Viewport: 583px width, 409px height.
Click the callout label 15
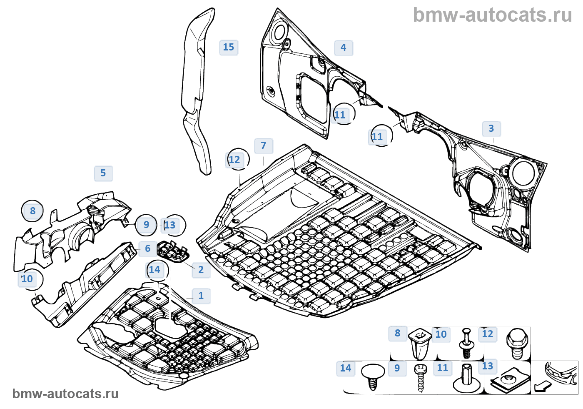[229, 47]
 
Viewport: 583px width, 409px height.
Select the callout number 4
[344, 48]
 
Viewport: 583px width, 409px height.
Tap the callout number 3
[491, 128]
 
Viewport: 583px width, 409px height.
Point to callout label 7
[264, 146]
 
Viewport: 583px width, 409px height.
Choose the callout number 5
[103, 173]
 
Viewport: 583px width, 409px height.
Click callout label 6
[148, 248]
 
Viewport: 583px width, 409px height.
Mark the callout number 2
[201, 270]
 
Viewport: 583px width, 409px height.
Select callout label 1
[201, 296]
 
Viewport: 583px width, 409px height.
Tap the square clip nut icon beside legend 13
[510, 380]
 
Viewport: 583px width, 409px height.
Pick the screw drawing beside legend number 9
[421, 377]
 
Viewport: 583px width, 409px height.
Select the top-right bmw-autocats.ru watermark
[492, 15]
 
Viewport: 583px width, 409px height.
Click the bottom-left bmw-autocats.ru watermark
[65, 394]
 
